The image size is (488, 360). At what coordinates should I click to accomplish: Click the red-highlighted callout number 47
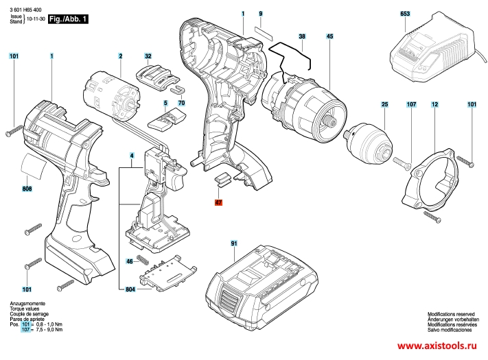point(218,203)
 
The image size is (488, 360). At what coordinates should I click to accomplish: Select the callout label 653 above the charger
point(405,14)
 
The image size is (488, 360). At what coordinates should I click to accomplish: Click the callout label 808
point(27,189)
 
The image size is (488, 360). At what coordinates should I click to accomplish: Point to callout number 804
point(130,289)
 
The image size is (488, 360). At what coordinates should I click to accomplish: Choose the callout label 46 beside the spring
point(130,261)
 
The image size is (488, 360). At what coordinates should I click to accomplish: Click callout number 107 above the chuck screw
point(411,104)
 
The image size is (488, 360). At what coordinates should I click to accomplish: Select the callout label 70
point(181,103)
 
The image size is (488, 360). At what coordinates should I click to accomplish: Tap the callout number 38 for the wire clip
point(302,36)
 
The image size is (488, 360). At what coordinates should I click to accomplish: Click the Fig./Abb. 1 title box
point(68,19)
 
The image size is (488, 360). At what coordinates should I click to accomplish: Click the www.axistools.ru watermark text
point(437,346)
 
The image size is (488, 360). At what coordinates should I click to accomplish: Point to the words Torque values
point(25,309)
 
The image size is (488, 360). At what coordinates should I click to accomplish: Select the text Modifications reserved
point(451,314)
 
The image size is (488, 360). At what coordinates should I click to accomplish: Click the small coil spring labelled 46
point(143,259)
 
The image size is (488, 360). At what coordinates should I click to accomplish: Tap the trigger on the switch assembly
point(176,178)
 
